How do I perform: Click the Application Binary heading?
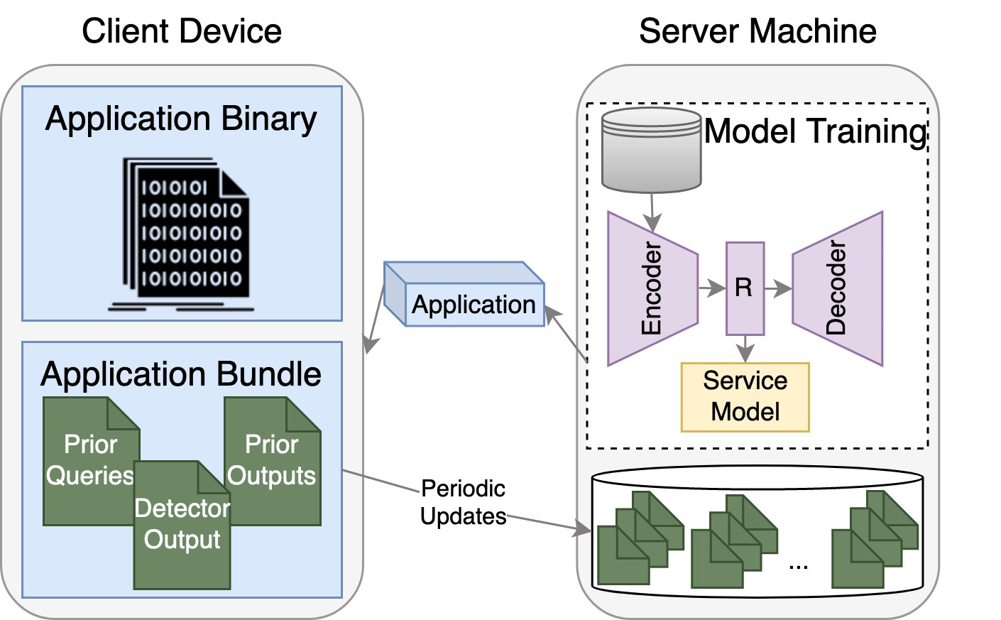181,119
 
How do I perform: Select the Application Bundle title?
181,374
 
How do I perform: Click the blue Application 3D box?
473,304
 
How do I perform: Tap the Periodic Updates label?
463,502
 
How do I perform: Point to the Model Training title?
816,131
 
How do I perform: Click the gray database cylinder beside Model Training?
651,150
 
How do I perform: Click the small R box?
745,288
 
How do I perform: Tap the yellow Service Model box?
745,397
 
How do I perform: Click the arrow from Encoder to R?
711,288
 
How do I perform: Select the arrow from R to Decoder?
778,288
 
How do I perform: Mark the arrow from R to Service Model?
745,349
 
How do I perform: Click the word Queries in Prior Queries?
89,475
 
